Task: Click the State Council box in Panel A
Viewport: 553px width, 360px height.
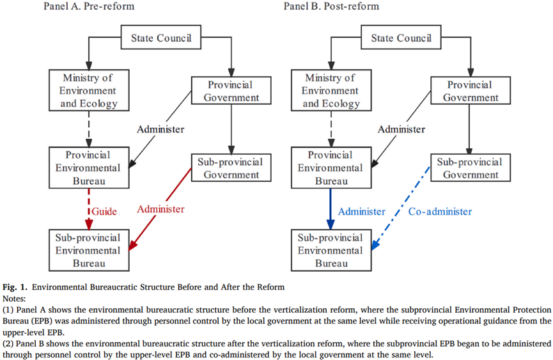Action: tap(161, 37)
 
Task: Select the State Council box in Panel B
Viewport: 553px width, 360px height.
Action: tap(401, 37)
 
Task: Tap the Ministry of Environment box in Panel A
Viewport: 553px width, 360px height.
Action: tap(89, 90)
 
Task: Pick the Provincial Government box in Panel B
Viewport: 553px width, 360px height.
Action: tap(471, 90)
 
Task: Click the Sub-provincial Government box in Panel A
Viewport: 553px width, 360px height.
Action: tap(231, 168)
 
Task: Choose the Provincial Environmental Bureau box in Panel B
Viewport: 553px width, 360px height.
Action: tap(331, 168)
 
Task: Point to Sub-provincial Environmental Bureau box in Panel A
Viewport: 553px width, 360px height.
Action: tap(89, 251)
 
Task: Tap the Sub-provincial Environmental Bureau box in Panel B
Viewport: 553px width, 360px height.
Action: tap(331, 251)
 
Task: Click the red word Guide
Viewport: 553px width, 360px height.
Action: tap(104, 211)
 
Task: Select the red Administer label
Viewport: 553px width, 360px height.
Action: tap(161, 209)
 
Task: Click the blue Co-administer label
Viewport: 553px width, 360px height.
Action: tap(440, 211)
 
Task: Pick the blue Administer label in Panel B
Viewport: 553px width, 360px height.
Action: tap(361, 211)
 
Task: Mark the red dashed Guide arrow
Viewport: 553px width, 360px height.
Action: tap(89, 209)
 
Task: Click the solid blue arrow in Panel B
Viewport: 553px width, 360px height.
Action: tap(331, 209)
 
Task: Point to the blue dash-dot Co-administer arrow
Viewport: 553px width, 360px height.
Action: tap(401, 208)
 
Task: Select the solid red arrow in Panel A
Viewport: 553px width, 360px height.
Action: tap(160, 209)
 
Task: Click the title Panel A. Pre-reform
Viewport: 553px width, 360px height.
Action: tap(89, 6)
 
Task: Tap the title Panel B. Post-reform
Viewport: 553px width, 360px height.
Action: tap(331, 6)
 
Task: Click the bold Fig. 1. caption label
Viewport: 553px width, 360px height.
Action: tap(15, 287)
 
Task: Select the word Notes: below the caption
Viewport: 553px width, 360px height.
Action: tap(14, 299)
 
